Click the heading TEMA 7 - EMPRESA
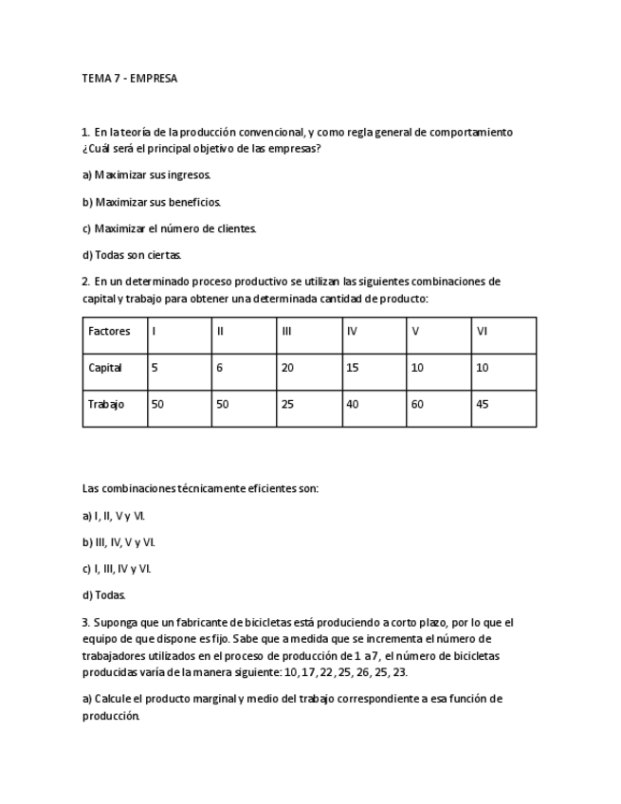pyautogui.click(x=130, y=79)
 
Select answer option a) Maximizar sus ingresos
pyautogui.click(x=147, y=175)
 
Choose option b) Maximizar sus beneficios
pyautogui.click(x=152, y=202)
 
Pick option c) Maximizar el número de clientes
pyautogui.click(x=170, y=228)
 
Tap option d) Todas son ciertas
pyautogui.click(x=132, y=255)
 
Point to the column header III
pyautogui.click(x=286, y=331)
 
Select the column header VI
pyautogui.click(x=482, y=331)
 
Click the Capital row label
pyautogui.click(x=105, y=368)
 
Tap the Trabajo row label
pyautogui.click(x=106, y=404)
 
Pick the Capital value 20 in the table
pyautogui.click(x=287, y=368)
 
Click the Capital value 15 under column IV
pyautogui.click(x=353, y=368)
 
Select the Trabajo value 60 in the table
pyautogui.click(x=418, y=404)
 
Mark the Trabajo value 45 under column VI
pyautogui.click(x=483, y=404)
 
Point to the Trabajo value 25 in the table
pyautogui.click(x=287, y=404)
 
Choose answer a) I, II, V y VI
pyautogui.click(x=114, y=516)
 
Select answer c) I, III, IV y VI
pyautogui.click(x=117, y=569)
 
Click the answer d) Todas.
pyautogui.click(x=104, y=595)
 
